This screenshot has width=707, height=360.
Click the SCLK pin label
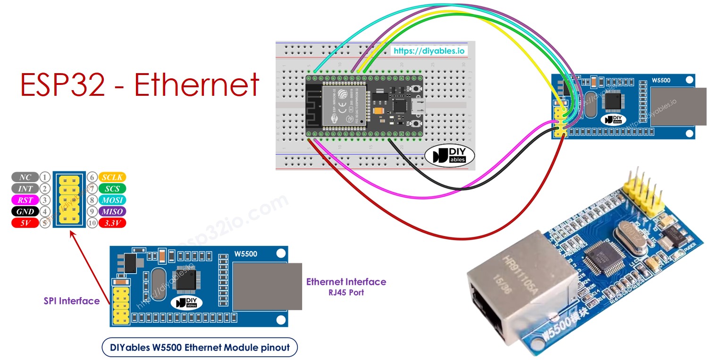(x=112, y=177)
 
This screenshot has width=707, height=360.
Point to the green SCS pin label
(x=112, y=189)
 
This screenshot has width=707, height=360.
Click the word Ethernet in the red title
(x=197, y=85)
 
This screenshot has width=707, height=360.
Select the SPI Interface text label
(x=72, y=301)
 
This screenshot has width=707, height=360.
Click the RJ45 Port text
(x=346, y=293)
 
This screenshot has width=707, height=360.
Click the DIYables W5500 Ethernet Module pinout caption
(x=200, y=348)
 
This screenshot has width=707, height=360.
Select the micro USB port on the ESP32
(x=419, y=106)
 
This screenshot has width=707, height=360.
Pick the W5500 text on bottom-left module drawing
(x=245, y=254)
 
